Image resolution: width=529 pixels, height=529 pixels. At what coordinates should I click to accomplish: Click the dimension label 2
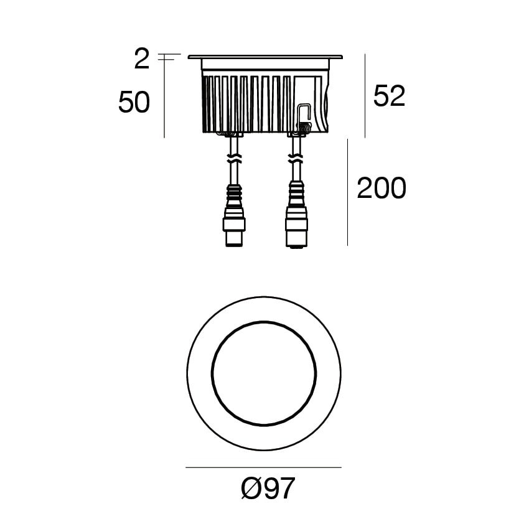pos(142,59)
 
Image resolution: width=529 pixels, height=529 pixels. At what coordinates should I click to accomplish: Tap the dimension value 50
pos(134,102)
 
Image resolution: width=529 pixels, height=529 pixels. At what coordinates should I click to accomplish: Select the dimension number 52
pos(389,96)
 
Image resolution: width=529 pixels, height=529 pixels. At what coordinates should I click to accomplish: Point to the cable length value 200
pos(382,188)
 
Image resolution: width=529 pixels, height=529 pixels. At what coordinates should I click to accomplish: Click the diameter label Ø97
pos(268,488)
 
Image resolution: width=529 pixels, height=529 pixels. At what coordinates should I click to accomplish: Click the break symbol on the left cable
pos(234,159)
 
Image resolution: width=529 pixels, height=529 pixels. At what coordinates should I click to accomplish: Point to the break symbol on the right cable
pos(296,159)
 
